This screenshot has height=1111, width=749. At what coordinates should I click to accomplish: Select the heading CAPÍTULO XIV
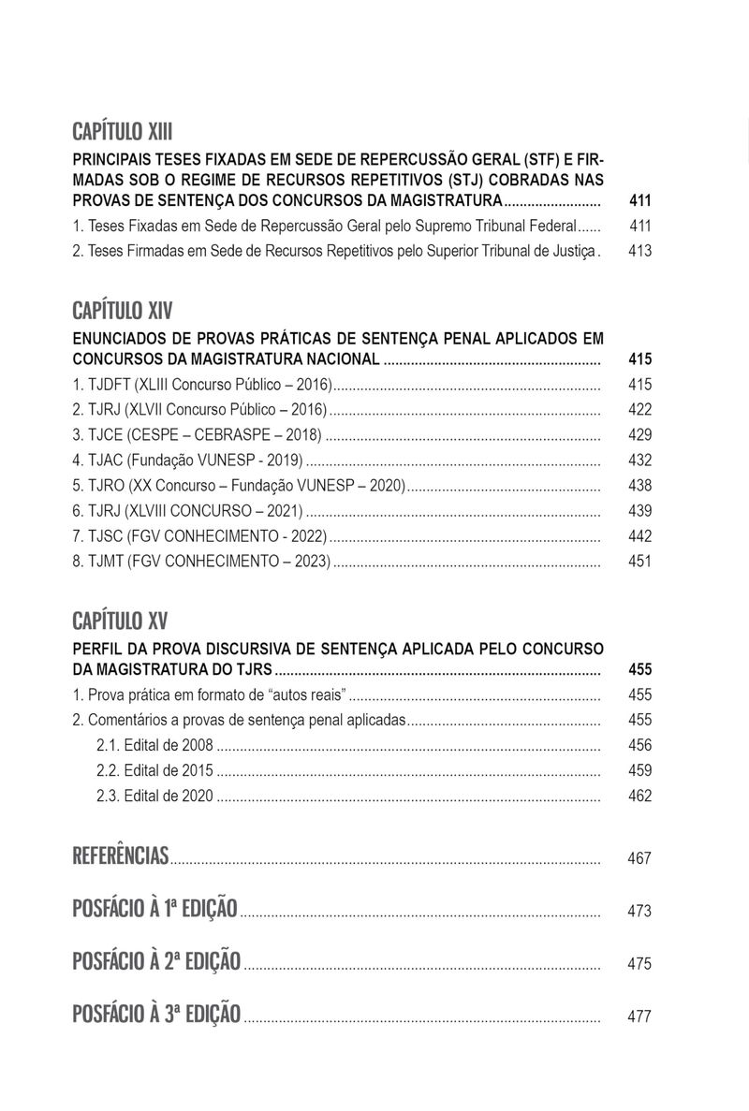[122, 312]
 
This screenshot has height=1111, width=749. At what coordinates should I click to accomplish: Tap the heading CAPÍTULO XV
[119, 621]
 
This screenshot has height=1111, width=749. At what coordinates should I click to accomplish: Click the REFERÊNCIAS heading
[120, 855]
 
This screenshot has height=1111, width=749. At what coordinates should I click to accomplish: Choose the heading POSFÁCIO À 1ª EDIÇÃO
[154, 909]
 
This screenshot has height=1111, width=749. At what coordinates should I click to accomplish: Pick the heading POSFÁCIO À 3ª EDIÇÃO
[156, 1014]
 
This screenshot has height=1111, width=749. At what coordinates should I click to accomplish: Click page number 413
[640, 251]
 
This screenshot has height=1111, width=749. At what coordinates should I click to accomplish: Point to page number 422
[640, 410]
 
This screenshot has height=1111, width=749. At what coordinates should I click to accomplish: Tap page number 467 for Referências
[640, 858]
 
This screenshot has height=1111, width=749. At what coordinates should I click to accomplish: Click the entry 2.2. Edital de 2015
[154, 771]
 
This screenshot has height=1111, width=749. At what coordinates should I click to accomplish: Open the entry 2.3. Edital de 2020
[154, 797]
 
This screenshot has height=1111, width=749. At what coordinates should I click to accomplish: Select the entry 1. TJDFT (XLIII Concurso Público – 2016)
[202, 385]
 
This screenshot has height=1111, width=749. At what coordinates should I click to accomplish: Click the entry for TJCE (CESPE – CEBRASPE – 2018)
[197, 435]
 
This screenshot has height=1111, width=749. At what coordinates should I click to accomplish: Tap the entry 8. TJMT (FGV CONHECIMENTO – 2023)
[202, 562]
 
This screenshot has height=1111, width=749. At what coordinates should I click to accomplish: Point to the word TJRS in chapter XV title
[254, 670]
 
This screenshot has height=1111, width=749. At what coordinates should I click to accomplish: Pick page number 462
[640, 797]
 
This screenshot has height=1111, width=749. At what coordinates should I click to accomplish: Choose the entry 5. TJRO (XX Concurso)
[238, 486]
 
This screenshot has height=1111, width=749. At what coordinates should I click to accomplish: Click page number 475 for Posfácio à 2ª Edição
[640, 964]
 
